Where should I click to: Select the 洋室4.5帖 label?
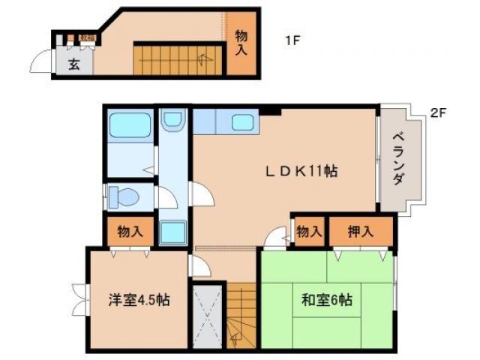click(138, 301)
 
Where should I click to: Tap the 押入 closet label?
click(361, 231)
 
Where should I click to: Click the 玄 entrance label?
click(75, 64)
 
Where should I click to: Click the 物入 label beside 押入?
click(307, 231)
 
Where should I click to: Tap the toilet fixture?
click(123, 197)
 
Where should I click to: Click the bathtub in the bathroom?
click(130, 125)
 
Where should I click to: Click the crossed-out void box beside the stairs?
click(208, 315)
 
